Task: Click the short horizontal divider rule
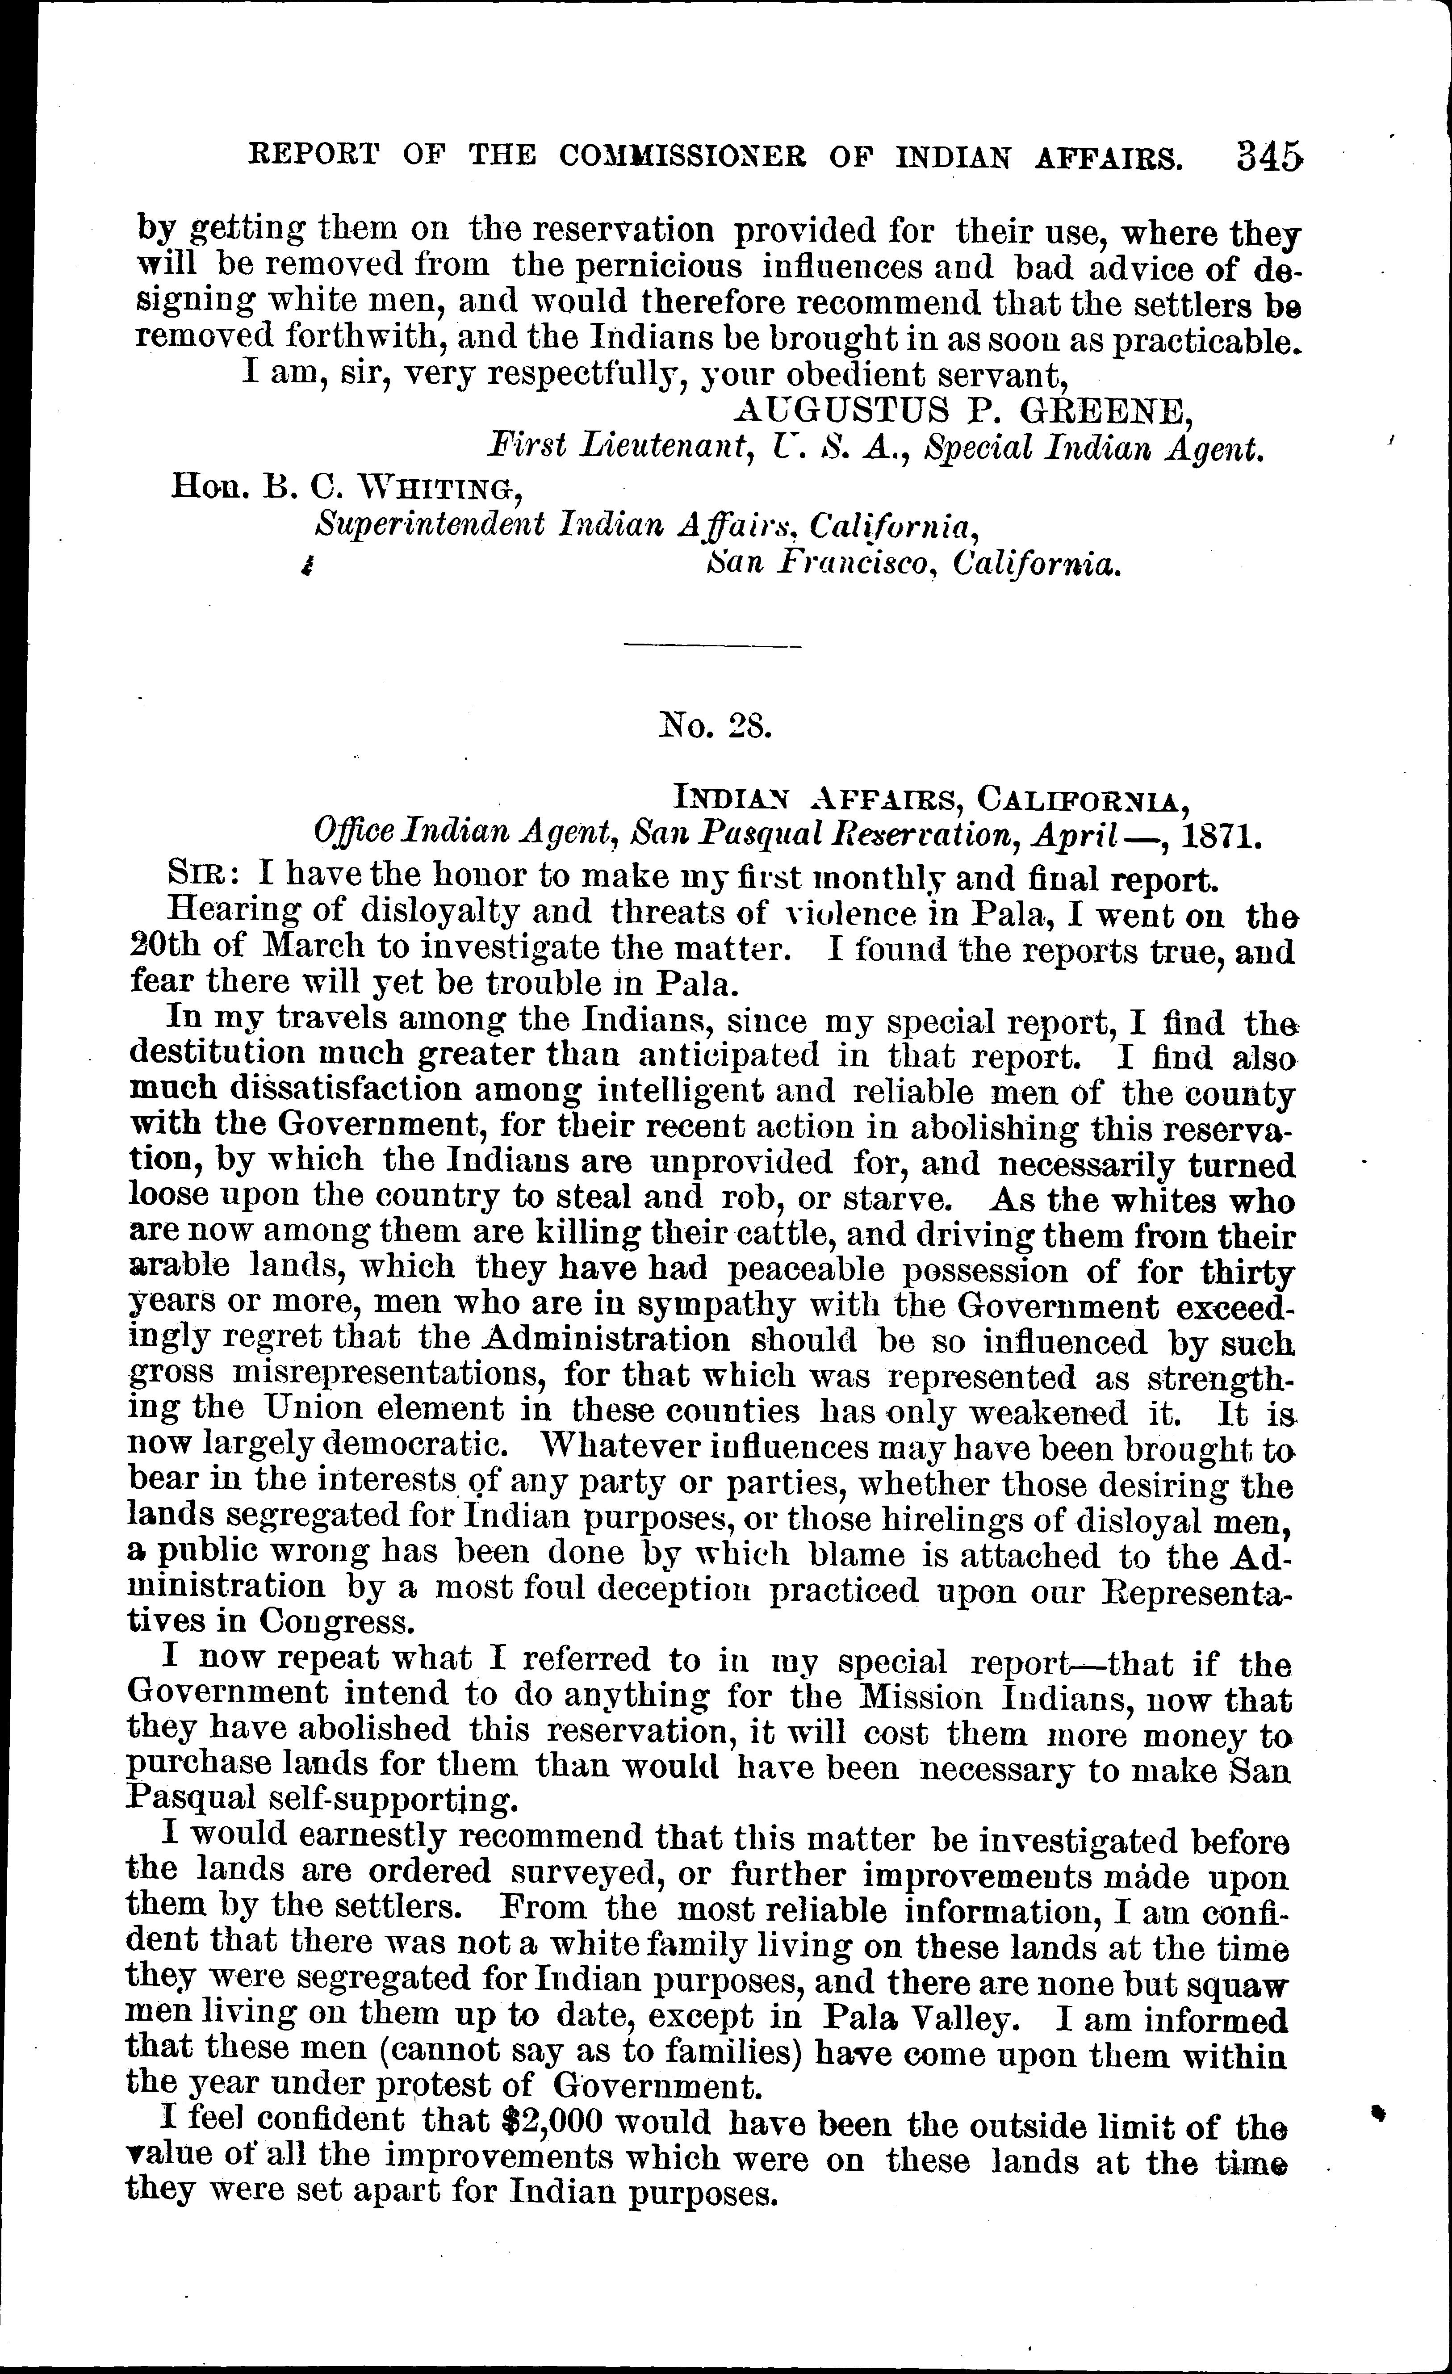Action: point(713,645)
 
